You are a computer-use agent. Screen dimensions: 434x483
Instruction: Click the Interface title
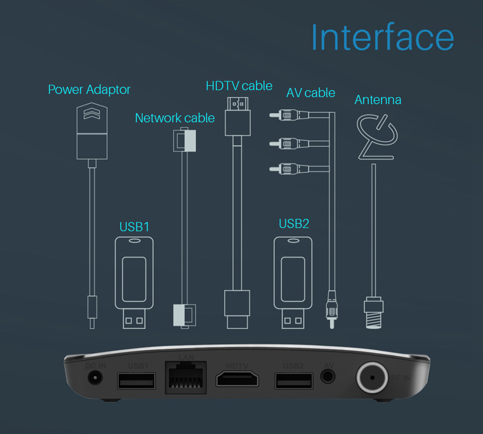click(382, 37)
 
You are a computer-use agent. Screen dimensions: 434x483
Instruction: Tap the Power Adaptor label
click(89, 89)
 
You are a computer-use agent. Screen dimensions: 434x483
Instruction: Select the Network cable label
click(175, 118)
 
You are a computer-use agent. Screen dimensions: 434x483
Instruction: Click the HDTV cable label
click(239, 86)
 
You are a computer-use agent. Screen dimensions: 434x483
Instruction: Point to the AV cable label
click(311, 92)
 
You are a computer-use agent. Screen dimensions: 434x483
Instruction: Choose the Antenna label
click(378, 100)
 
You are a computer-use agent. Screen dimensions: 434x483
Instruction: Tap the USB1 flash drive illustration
click(134, 280)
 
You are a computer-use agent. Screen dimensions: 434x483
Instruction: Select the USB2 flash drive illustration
click(293, 280)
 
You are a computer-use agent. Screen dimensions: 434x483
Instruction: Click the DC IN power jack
click(96, 378)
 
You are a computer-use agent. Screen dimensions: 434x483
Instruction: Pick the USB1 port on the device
click(136, 380)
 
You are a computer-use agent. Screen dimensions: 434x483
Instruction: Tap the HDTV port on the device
click(237, 379)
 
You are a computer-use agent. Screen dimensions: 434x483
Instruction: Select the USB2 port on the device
click(293, 380)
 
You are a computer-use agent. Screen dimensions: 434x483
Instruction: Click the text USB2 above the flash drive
click(294, 224)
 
